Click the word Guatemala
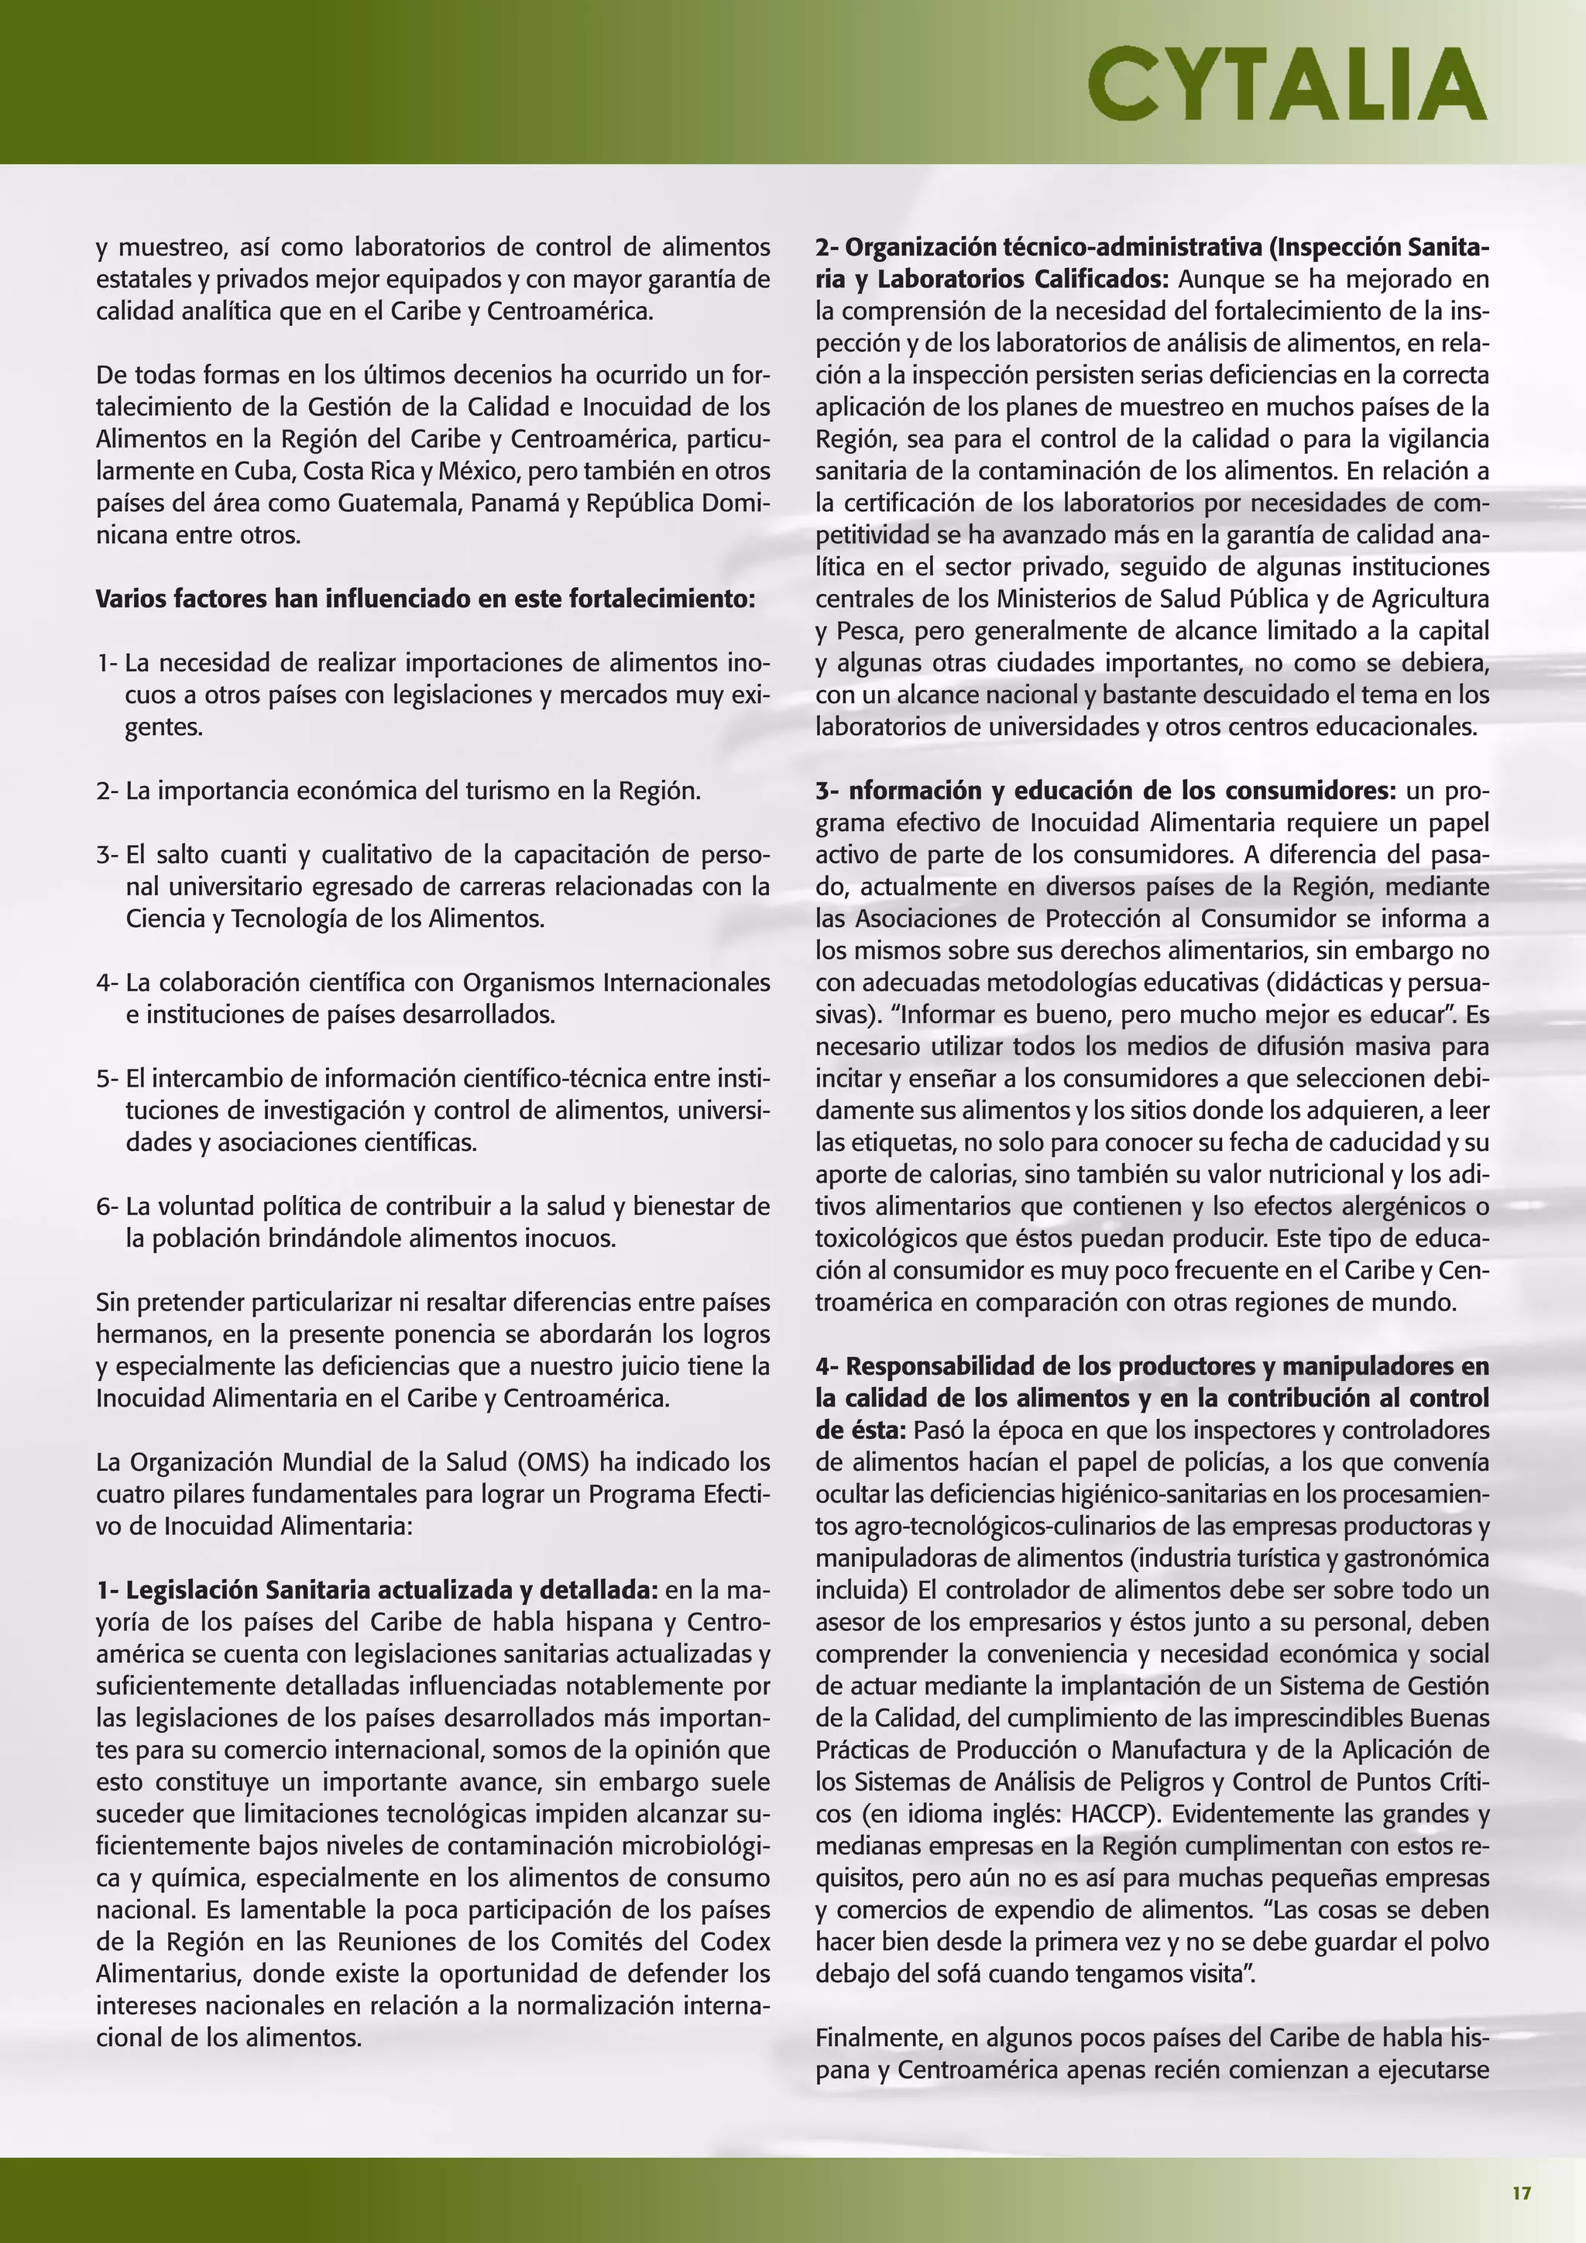(x=400, y=503)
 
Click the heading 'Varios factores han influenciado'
(x=425, y=599)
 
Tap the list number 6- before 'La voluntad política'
(x=108, y=1207)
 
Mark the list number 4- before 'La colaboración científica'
(x=108, y=983)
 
